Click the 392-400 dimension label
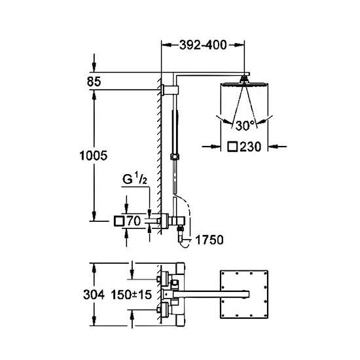click(203, 45)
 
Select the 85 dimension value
click(94, 82)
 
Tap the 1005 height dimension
click(94, 156)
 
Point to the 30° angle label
click(245, 126)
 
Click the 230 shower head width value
click(251, 147)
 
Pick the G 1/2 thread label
click(135, 179)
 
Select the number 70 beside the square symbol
click(134, 221)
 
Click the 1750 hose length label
click(209, 240)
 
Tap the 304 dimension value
click(94, 295)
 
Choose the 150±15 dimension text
click(132, 295)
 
